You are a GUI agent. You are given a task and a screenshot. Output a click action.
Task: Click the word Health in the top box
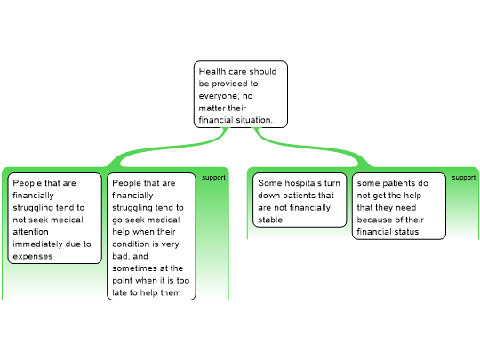point(212,72)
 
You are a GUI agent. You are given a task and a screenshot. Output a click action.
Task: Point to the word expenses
point(33,257)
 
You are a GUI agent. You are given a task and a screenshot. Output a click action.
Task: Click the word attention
point(30,232)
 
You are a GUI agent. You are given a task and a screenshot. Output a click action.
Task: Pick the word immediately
point(36,244)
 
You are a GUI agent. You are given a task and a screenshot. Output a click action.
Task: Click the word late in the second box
point(119,292)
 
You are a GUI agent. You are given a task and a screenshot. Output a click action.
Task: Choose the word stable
point(270,220)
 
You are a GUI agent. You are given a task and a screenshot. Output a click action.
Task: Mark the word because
point(372,220)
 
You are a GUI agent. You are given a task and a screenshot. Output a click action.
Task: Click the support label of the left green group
point(213,178)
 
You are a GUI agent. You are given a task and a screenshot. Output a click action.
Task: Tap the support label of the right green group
point(464,178)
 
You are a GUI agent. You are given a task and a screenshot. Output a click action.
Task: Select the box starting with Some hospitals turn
point(300,200)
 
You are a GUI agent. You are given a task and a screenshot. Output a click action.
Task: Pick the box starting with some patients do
point(399,206)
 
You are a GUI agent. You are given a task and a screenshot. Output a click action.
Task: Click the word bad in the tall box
point(120,256)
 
